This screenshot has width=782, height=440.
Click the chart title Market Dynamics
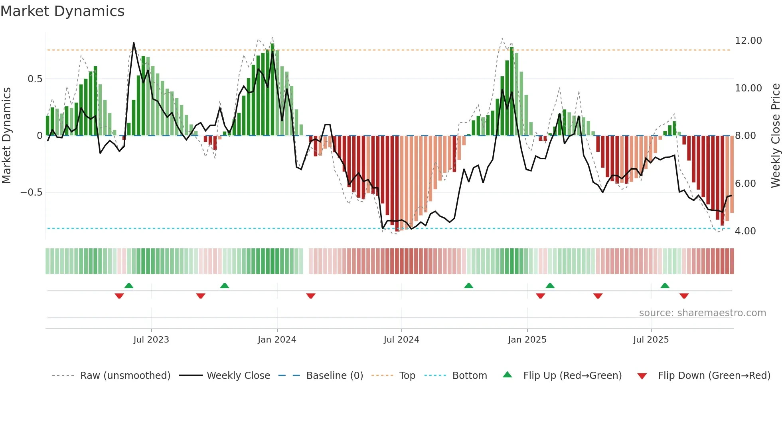[63, 11]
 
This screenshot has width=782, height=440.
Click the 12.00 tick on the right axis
[748, 41]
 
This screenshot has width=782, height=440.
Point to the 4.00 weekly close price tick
[745, 231]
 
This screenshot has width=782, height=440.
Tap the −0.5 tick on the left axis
[32, 192]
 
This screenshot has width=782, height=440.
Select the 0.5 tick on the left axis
[35, 79]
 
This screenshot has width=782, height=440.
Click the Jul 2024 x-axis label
[401, 340]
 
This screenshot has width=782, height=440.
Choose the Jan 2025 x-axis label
[527, 340]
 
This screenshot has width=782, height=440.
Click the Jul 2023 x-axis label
[151, 340]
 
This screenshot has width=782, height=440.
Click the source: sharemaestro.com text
[702, 313]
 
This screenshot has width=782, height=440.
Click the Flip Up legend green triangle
[507, 375]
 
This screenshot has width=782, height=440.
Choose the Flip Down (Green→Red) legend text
[714, 376]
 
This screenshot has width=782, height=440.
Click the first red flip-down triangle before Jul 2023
[119, 296]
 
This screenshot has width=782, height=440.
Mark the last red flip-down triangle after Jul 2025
[684, 296]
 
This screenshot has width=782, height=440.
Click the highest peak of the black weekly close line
[134, 43]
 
